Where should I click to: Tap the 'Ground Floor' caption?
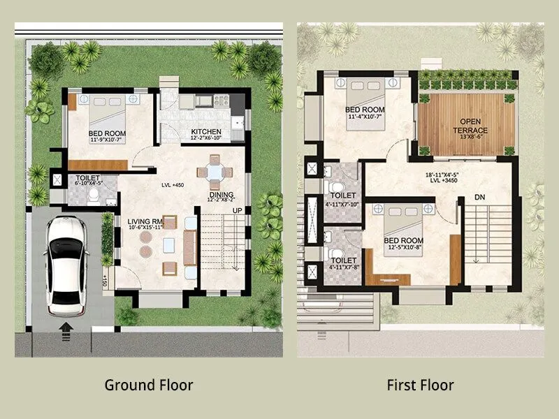point(148,385)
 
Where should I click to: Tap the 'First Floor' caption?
point(421,385)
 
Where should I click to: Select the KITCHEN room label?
point(206,132)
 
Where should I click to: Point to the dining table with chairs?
point(214,172)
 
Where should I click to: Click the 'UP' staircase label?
point(238,211)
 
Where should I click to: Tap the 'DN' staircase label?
point(479,198)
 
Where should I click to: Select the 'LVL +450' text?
point(173,185)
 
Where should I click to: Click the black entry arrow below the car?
point(66,326)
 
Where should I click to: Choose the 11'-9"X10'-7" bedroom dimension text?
point(107,140)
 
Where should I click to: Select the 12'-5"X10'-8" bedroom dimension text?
point(404,247)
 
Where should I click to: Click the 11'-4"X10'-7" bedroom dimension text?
point(365,117)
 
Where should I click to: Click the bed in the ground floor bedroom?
point(104,110)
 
